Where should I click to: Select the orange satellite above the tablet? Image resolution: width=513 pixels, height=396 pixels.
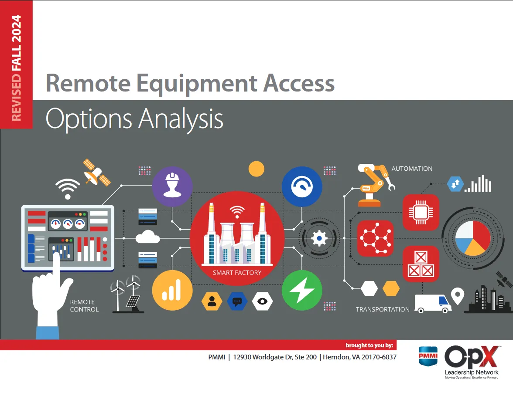pyautogui.click(x=97, y=172)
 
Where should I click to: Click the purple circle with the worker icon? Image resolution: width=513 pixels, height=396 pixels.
pyautogui.click(x=172, y=186)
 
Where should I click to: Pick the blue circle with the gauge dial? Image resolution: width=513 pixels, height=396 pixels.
pyautogui.click(x=302, y=186)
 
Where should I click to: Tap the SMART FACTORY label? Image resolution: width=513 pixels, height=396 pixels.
pyautogui.click(x=237, y=273)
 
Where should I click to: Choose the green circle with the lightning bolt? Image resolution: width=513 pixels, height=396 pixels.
pyautogui.click(x=302, y=290)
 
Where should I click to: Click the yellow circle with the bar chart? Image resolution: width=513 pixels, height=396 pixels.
pyautogui.click(x=172, y=290)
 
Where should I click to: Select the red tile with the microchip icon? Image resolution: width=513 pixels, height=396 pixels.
pyautogui.click(x=421, y=212)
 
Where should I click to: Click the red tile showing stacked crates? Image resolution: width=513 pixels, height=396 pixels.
pyautogui.click(x=421, y=264)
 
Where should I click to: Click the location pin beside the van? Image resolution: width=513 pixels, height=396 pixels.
pyautogui.click(x=457, y=296)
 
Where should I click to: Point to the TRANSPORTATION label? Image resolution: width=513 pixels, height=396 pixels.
pyautogui.click(x=383, y=309)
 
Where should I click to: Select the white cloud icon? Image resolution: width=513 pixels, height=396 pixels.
pyautogui.click(x=147, y=238)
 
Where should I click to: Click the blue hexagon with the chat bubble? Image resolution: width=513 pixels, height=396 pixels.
pyautogui.click(x=237, y=301)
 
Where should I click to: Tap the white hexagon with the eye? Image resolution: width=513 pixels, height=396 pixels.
pyautogui.click(x=262, y=301)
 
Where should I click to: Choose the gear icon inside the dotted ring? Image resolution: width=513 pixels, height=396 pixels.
pyautogui.click(x=320, y=238)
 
